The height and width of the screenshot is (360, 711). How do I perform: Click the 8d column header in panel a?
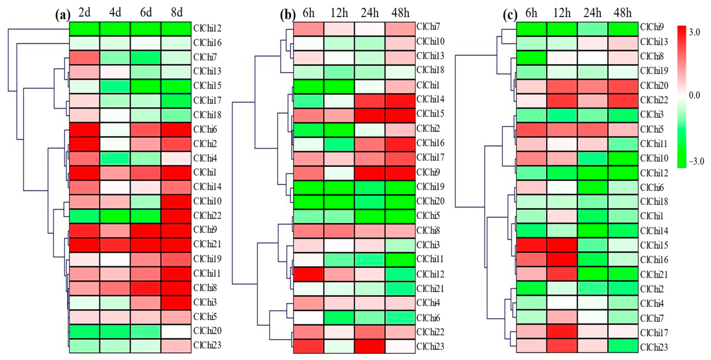177,12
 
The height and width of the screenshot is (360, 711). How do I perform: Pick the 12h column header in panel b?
339,13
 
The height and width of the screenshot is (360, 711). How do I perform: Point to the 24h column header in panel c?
592,13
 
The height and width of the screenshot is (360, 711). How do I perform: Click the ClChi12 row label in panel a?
207,28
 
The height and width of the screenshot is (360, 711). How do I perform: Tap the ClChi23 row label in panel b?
430,346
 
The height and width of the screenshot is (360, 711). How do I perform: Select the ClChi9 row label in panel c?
652,27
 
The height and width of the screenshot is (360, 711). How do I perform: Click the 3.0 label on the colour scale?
694,32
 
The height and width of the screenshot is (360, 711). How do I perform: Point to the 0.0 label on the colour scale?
694,96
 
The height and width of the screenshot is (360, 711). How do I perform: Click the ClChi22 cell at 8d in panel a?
176,216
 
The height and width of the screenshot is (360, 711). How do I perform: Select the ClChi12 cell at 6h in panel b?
308,274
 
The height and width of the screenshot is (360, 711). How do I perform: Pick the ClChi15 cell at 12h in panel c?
562,245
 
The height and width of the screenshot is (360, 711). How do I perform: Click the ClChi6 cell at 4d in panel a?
115,129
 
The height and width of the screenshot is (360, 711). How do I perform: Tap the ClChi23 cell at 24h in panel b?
370,346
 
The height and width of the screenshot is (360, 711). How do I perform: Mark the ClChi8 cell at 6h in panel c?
531,56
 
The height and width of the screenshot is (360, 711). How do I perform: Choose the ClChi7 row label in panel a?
205,57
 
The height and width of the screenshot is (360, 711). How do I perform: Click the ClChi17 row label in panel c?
654,333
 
